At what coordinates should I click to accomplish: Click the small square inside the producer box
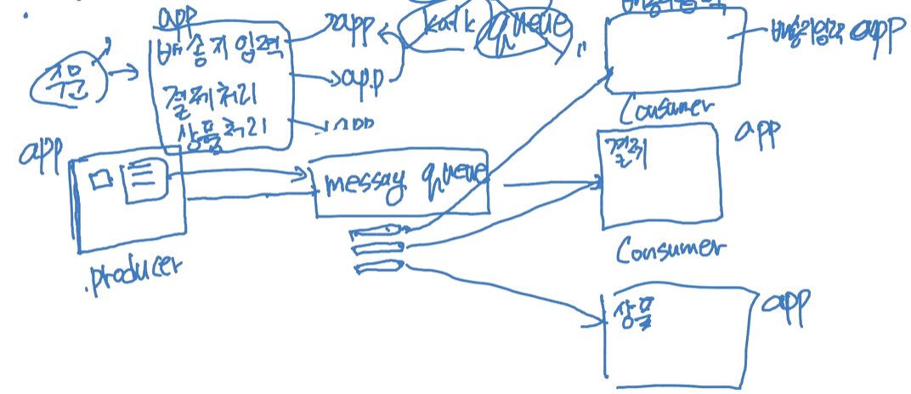coord(102,180)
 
